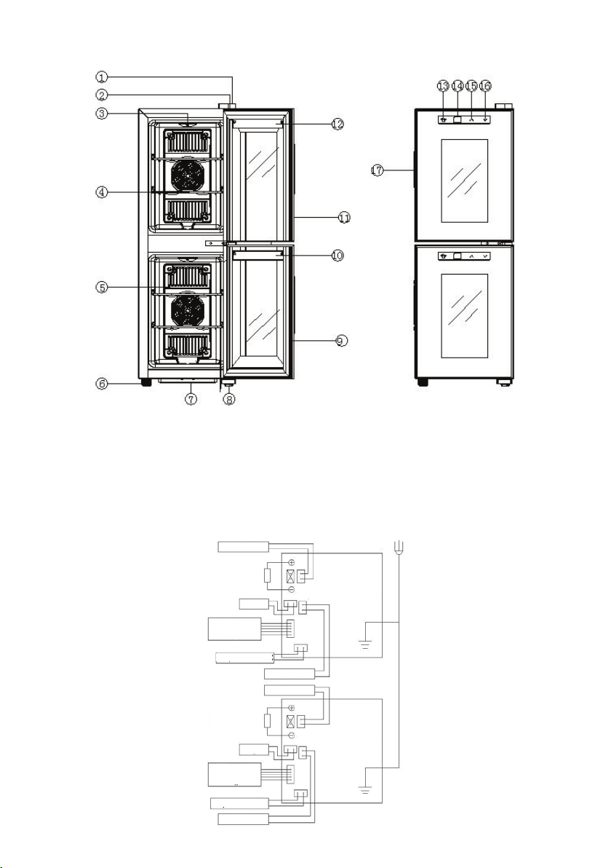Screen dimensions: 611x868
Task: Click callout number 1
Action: [x=100, y=76]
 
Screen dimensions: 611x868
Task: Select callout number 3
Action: [x=100, y=114]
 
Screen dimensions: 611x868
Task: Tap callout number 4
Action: [x=100, y=193]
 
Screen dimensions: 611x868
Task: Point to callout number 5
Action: [x=100, y=288]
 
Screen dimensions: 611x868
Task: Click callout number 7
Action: [x=191, y=399]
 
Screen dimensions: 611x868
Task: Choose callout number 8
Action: [x=229, y=399]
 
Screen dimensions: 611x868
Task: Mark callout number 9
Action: [x=343, y=342]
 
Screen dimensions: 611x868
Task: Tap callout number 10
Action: [x=338, y=255]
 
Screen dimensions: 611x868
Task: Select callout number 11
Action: [x=344, y=218]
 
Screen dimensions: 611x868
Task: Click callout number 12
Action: [x=338, y=125]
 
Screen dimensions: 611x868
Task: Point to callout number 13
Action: [x=444, y=86]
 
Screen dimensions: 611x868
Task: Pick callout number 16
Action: [x=485, y=86]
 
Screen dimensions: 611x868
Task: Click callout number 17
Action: [x=377, y=171]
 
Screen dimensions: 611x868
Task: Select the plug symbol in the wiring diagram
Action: [x=399, y=549]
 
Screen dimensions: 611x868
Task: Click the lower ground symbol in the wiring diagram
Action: [x=365, y=789]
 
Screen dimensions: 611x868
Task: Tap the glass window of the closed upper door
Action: [x=465, y=181]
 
